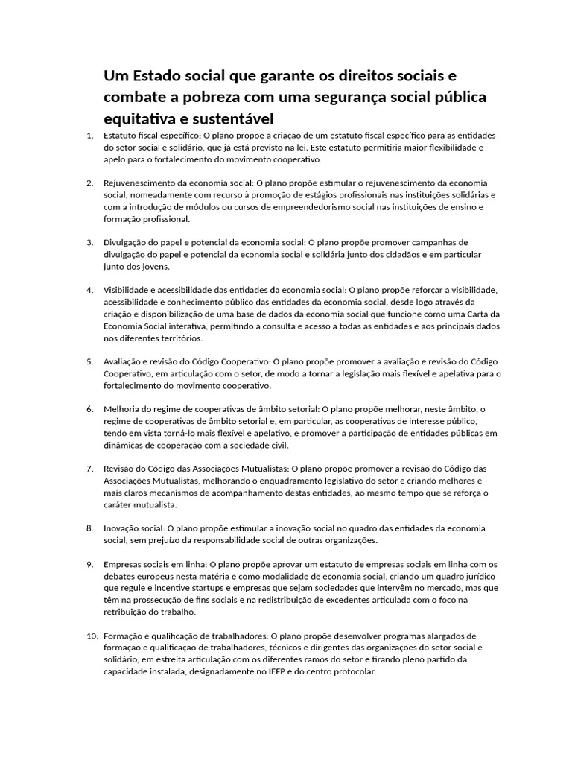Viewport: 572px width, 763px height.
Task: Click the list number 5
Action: pos(89,362)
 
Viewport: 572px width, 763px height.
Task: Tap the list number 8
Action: pos(89,528)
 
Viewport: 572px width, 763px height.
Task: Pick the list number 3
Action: pos(89,243)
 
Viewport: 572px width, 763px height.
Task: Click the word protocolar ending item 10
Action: pos(353,671)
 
